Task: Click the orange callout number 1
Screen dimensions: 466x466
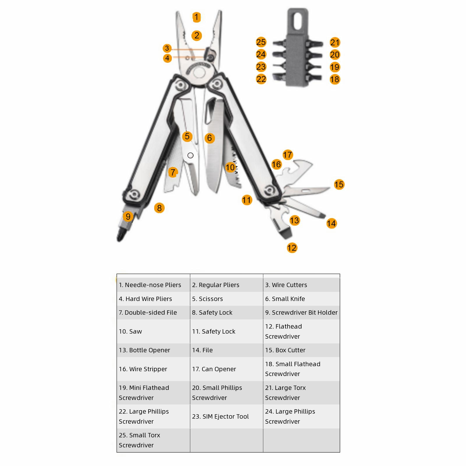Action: (197, 17)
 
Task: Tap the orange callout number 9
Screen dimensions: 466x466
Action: (128, 216)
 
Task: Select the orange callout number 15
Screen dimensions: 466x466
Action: (339, 184)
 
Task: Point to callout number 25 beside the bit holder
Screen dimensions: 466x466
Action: (261, 42)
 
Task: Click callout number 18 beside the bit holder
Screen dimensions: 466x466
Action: (335, 79)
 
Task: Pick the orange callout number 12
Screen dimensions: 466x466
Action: (292, 248)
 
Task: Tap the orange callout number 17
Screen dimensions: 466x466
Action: (287, 155)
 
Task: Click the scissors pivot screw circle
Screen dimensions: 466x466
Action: (190, 156)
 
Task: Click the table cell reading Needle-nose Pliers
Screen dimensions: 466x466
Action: (153, 285)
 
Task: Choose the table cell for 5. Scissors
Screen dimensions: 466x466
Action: (227, 299)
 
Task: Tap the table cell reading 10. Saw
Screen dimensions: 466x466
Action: (153, 331)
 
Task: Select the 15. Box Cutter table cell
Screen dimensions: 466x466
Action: (301, 350)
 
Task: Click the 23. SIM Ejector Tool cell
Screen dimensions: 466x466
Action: (227, 416)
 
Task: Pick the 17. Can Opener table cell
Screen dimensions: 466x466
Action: (227, 369)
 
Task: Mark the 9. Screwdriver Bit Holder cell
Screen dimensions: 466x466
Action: (301, 313)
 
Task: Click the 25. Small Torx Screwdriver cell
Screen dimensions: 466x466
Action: (153, 440)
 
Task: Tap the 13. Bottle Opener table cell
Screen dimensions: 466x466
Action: (153, 350)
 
